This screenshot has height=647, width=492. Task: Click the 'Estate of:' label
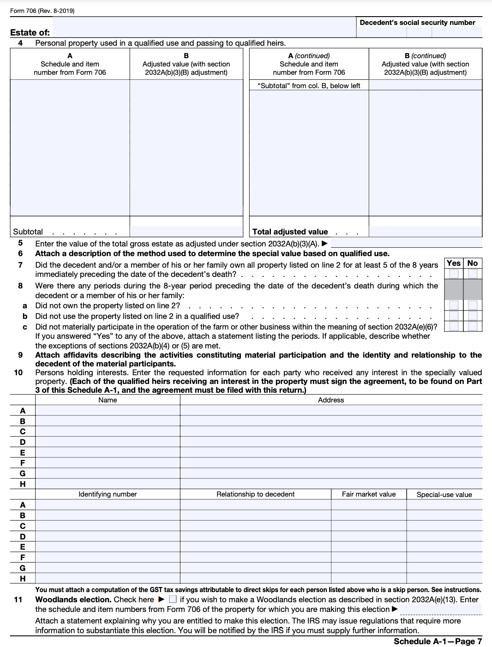(30, 33)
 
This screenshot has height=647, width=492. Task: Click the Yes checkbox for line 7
(454, 274)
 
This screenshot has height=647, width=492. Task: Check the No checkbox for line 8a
(473, 305)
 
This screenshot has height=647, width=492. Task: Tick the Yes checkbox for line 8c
(454, 326)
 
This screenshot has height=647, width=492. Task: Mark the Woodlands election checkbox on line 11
(173, 599)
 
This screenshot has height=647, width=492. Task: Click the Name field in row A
(108, 411)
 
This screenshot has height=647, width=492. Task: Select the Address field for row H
(331, 484)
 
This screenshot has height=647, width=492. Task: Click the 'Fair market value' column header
(369, 494)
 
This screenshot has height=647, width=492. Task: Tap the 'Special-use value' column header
(444, 495)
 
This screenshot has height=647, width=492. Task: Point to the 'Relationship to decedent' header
(255, 494)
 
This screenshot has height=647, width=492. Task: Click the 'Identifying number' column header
(108, 494)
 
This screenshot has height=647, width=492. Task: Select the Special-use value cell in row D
(444, 536)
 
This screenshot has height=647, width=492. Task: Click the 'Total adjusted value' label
(290, 232)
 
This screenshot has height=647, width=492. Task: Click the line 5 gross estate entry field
(406, 243)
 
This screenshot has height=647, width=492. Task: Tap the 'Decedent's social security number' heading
(417, 23)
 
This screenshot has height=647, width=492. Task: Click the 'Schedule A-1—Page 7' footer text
(438, 641)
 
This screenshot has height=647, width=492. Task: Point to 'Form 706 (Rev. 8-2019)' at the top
(42, 11)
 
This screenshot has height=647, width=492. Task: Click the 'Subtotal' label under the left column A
(28, 232)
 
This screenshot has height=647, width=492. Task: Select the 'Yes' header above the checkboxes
(454, 263)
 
